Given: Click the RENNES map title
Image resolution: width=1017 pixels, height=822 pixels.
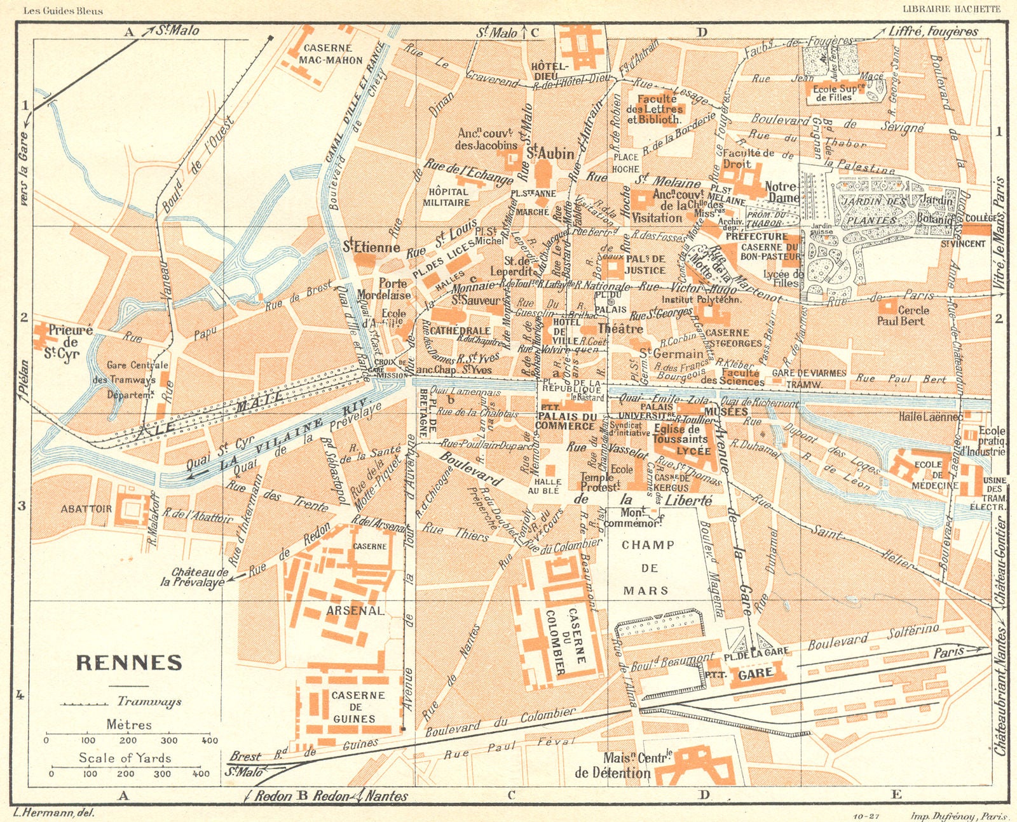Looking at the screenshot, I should [129, 663].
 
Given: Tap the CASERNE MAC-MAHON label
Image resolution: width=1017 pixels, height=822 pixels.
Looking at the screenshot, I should [330, 54].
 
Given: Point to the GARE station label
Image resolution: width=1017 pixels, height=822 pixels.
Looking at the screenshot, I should [755, 673].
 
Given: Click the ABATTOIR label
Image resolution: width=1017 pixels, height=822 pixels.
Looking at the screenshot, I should [86, 509].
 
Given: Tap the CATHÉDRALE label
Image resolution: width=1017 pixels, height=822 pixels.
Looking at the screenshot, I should [460, 331].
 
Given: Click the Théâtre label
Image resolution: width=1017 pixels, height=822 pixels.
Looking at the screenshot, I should [620, 328].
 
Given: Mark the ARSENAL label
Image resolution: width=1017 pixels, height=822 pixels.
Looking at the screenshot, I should [355, 610].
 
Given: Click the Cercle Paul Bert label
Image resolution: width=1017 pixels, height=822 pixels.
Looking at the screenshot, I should [903, 316].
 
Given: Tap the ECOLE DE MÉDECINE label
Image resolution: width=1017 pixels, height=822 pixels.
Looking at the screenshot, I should [935, 475].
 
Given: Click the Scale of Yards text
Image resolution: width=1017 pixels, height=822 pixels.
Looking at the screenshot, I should [125, 757].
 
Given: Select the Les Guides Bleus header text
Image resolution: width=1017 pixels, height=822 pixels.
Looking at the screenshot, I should [63, 11].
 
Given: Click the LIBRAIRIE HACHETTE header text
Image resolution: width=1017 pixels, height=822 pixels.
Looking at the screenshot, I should [951, 9].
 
